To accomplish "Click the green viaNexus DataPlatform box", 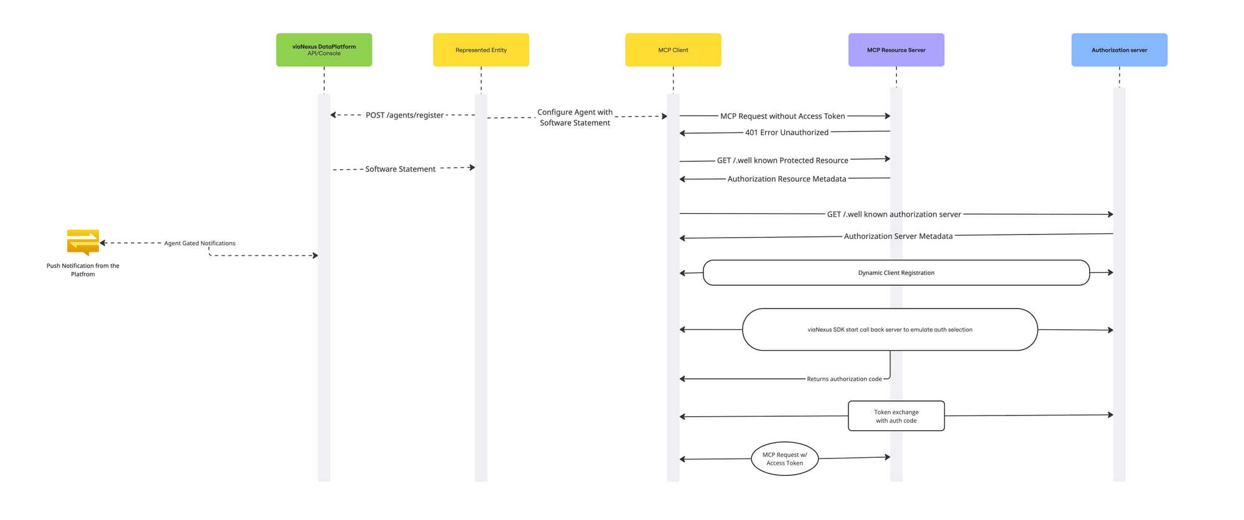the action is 324,50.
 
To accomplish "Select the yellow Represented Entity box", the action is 481,50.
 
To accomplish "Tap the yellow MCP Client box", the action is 673,50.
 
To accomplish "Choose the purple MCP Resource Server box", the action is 896,50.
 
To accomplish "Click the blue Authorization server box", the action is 1120,50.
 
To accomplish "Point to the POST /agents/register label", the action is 405,115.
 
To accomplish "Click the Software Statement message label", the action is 401,169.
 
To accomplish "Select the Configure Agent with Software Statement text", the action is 575,118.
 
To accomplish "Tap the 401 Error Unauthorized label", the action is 787,132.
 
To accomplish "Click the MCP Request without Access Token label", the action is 782,116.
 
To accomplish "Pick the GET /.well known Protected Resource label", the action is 782,160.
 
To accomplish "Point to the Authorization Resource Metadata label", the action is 787,179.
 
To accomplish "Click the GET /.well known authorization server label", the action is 894,215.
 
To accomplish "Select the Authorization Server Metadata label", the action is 898,236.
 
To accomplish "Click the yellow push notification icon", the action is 83,243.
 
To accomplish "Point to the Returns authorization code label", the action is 844,379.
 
